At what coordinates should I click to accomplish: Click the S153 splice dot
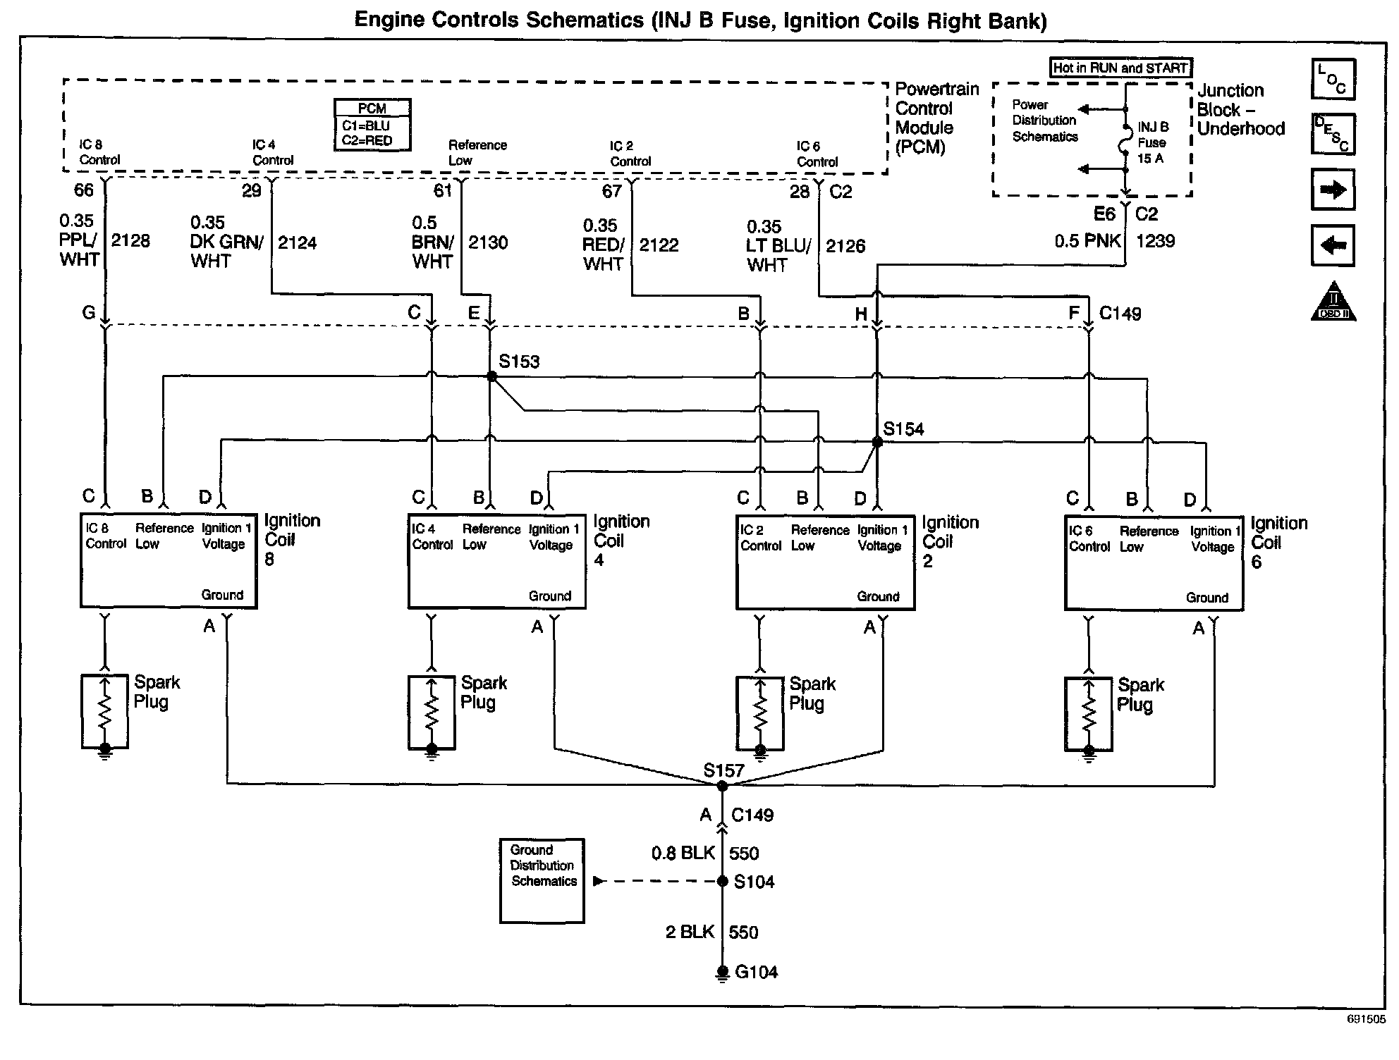(x=492, y=376)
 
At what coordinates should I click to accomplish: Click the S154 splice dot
(x=877, y=442)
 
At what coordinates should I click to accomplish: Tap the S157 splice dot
(x=722, y=785)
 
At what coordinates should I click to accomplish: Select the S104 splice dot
(x=722, y=881)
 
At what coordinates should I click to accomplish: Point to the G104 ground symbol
(x=722, y=973)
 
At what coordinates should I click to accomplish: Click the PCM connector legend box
(x=372, y=125)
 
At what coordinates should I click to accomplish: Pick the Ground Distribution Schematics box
(x=542, y=880)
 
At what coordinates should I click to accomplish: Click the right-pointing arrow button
(x=1333, y=189)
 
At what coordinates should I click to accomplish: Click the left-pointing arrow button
(x=1333, y=245)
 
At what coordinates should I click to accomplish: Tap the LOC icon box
(x=1333, y=79)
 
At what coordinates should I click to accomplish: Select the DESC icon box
(x=1333, y=134)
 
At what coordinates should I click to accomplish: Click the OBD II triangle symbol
(x=1333, y=301)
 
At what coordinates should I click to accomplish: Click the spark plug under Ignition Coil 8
(x=105, y=712)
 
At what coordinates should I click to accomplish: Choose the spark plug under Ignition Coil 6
(x=1089, y=715)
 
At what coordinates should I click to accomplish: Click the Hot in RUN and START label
(x=1120, y=68)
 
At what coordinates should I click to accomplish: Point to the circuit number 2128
(x=130, y=241)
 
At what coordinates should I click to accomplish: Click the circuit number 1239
(x=1156, y=241)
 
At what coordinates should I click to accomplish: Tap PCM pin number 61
(x=443, y=190)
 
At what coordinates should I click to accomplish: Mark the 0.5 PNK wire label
(x=1087, y=241)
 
